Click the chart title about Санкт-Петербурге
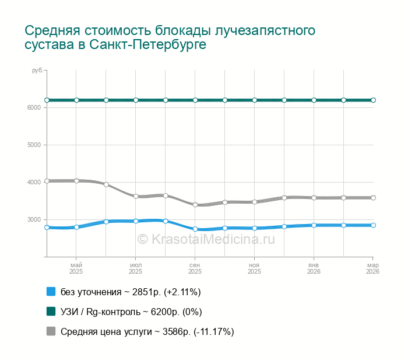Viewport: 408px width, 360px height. click(x=170, y=37)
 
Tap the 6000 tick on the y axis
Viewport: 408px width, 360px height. click(x=34, y=108)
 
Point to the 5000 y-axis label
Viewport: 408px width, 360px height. click(x=34, y=145)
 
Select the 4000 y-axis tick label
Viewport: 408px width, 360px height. click(x=34, y=183)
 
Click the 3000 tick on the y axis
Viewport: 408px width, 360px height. click(x=34, y=220)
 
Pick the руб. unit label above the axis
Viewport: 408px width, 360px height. click(x=37, y=71)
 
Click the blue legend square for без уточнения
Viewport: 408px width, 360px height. click(x=51, y=292)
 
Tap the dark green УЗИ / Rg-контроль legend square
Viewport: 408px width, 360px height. click(x=51, y=312)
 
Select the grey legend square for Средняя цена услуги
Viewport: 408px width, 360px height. click(x=51, y=331)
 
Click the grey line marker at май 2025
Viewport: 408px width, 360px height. click(x=76, y=181)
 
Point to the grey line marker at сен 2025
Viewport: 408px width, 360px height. click(x=195, y=205)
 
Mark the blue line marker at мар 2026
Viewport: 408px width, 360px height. click(x=373, y=225)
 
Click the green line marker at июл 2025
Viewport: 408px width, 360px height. click(x=136, y=100)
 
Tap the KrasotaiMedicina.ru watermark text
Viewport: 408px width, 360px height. click(x=206, y=239)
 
